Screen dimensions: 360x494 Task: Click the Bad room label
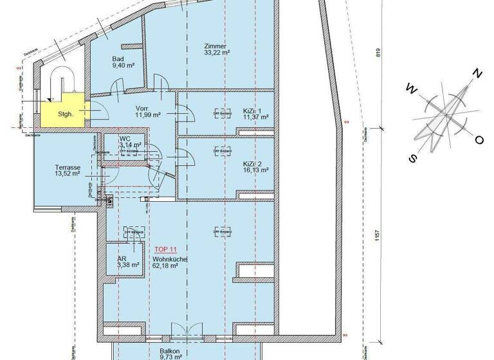click(x=118, y=59)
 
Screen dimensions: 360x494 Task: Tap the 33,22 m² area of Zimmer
click(x=217, y=53)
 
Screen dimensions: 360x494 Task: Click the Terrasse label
click(x=68, y=166)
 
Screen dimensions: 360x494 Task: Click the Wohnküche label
click(x=170, y=258)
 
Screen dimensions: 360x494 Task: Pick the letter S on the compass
click(x=414, y=159)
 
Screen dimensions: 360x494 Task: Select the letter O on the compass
click(x=479, y=139)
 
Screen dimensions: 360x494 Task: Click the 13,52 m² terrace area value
click(x=67, y=173)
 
